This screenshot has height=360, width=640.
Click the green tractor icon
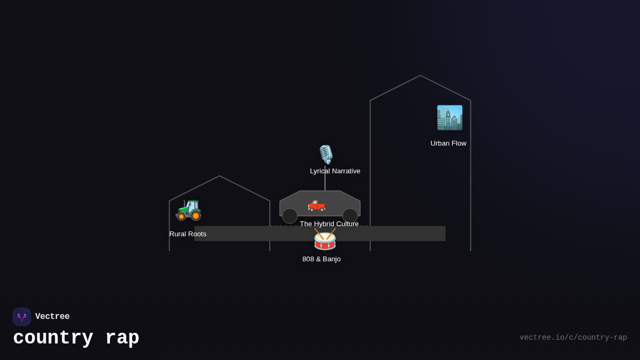coord(189,210)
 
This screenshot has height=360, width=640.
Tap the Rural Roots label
coord(188,234)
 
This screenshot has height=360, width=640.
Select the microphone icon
coord(325,154)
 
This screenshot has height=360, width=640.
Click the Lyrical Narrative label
coord(335,171)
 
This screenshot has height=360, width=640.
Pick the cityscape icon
coord(450,118)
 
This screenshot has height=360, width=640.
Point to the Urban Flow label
coord(448,143)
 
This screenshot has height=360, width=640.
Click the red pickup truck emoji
coord(316,205)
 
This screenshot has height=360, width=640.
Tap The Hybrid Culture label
coord(329,224)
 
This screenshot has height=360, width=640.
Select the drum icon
coord(325,239)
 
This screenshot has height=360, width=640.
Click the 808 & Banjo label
coord(321,259)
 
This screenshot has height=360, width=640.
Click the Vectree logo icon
coord(22,317)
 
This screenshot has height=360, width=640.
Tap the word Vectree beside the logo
coord(52,317)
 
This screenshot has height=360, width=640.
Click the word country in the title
coord(53,338)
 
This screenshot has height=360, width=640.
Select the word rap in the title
coord(122,338)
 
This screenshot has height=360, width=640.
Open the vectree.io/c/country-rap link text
coord(573,338)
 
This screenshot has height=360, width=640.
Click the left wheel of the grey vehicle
coord(290,216)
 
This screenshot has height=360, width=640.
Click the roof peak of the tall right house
coord(420,76)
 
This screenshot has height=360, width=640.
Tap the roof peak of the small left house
coord(219,176)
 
